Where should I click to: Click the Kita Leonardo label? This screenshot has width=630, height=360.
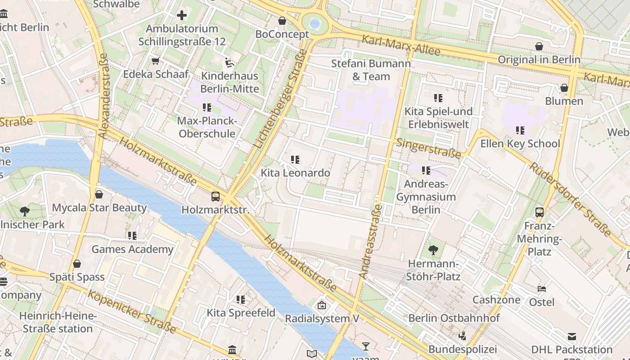click(x=295, y=173)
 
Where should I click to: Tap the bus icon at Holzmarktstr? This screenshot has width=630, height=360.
click(x=216, y=197)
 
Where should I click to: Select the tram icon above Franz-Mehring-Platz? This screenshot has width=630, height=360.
click(x=540, y=212)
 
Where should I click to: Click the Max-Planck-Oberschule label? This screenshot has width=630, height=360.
click(x=207, y=127)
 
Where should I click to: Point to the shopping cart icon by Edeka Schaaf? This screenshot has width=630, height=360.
click(x=156, y=61)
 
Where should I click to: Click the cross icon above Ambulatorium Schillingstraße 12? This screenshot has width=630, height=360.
click(x=181, y=15)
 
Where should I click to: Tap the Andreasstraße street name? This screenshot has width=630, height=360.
click(x=370, y=241)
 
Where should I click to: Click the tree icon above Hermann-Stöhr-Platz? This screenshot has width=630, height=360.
click(x=433, y=250)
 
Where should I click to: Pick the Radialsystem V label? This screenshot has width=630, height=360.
click(x=322, y=319)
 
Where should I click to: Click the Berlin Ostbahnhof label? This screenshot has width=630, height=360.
click(x=454, y=318)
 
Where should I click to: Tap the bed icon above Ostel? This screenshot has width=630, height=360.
click(x=542, y=288)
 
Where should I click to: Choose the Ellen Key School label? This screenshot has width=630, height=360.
click(x=520, y=144)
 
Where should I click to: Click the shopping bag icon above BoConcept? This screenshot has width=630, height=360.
click(x=282, y=21)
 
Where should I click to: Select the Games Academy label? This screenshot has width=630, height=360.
click(x=132, y=249)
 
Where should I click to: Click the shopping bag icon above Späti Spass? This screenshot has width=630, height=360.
click(x=77, y=264)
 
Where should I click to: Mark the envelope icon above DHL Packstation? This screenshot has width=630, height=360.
click(x=571, y=337)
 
